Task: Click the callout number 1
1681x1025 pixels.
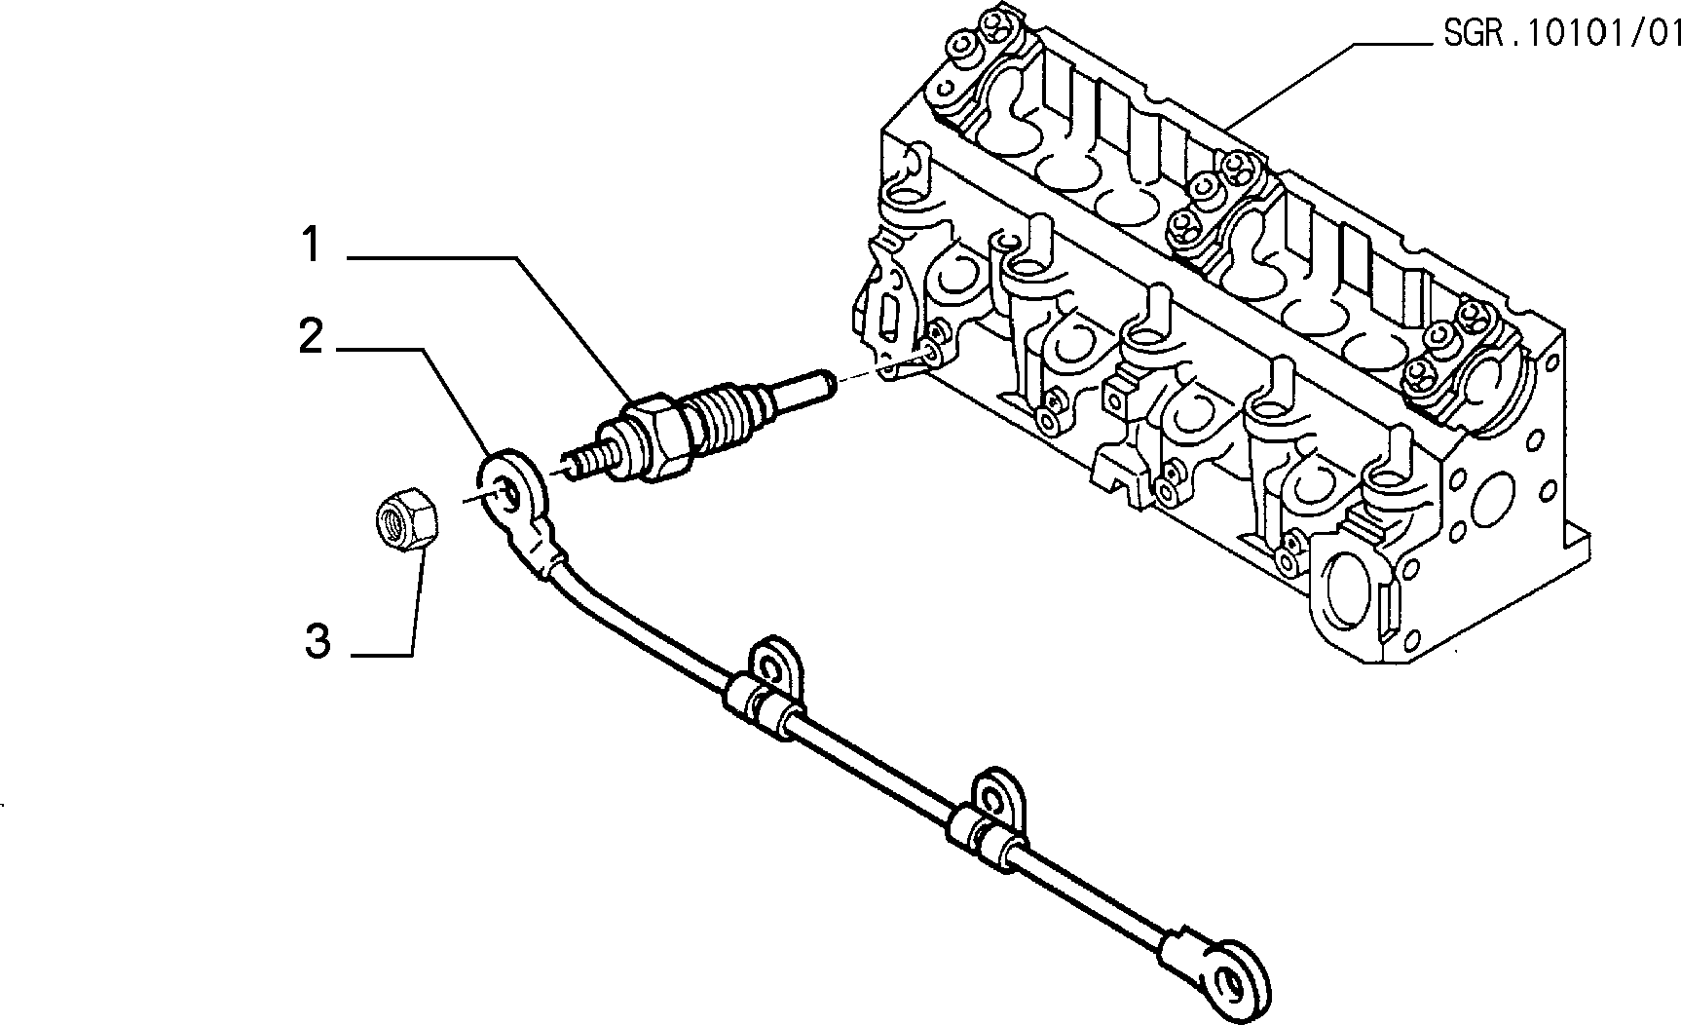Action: [311, 245]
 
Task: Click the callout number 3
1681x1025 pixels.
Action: [318, 643]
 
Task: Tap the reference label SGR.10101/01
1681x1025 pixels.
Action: [1560, 36]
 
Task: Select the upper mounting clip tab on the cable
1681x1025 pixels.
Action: [775, 672]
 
